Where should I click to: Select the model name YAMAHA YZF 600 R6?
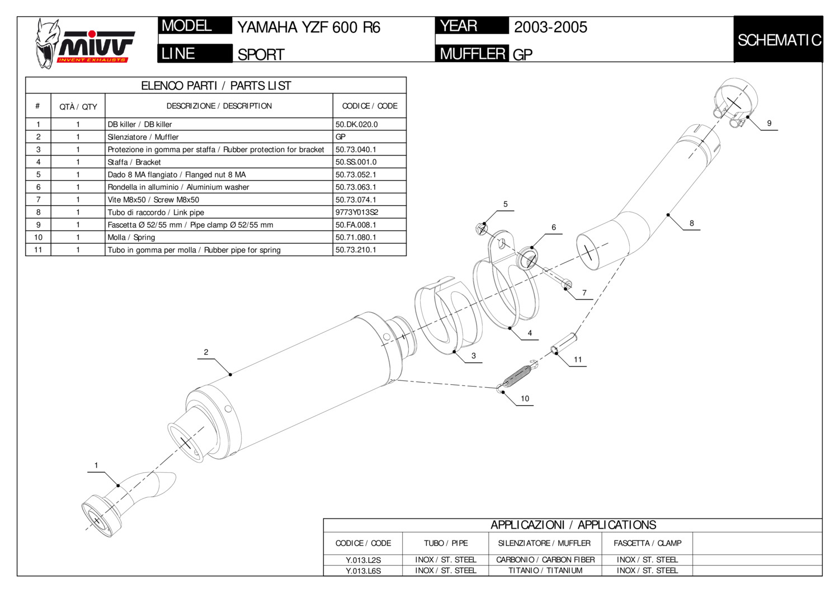point(309,27)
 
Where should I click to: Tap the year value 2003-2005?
point(550,27)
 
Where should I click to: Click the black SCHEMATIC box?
point(778,40)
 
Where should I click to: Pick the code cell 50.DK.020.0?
point(357,124)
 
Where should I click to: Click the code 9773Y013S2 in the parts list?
point(357,213)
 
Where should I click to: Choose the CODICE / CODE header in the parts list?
point(370,106)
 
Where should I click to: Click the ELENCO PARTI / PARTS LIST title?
point(216,86)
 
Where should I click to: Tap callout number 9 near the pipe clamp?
point(769,123)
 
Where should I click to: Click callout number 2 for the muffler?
point(206,352)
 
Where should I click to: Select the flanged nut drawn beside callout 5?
point(482,228)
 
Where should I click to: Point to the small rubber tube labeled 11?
point(564,343)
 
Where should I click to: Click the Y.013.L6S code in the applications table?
point(363,571)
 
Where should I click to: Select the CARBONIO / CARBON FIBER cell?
point(545,559)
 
